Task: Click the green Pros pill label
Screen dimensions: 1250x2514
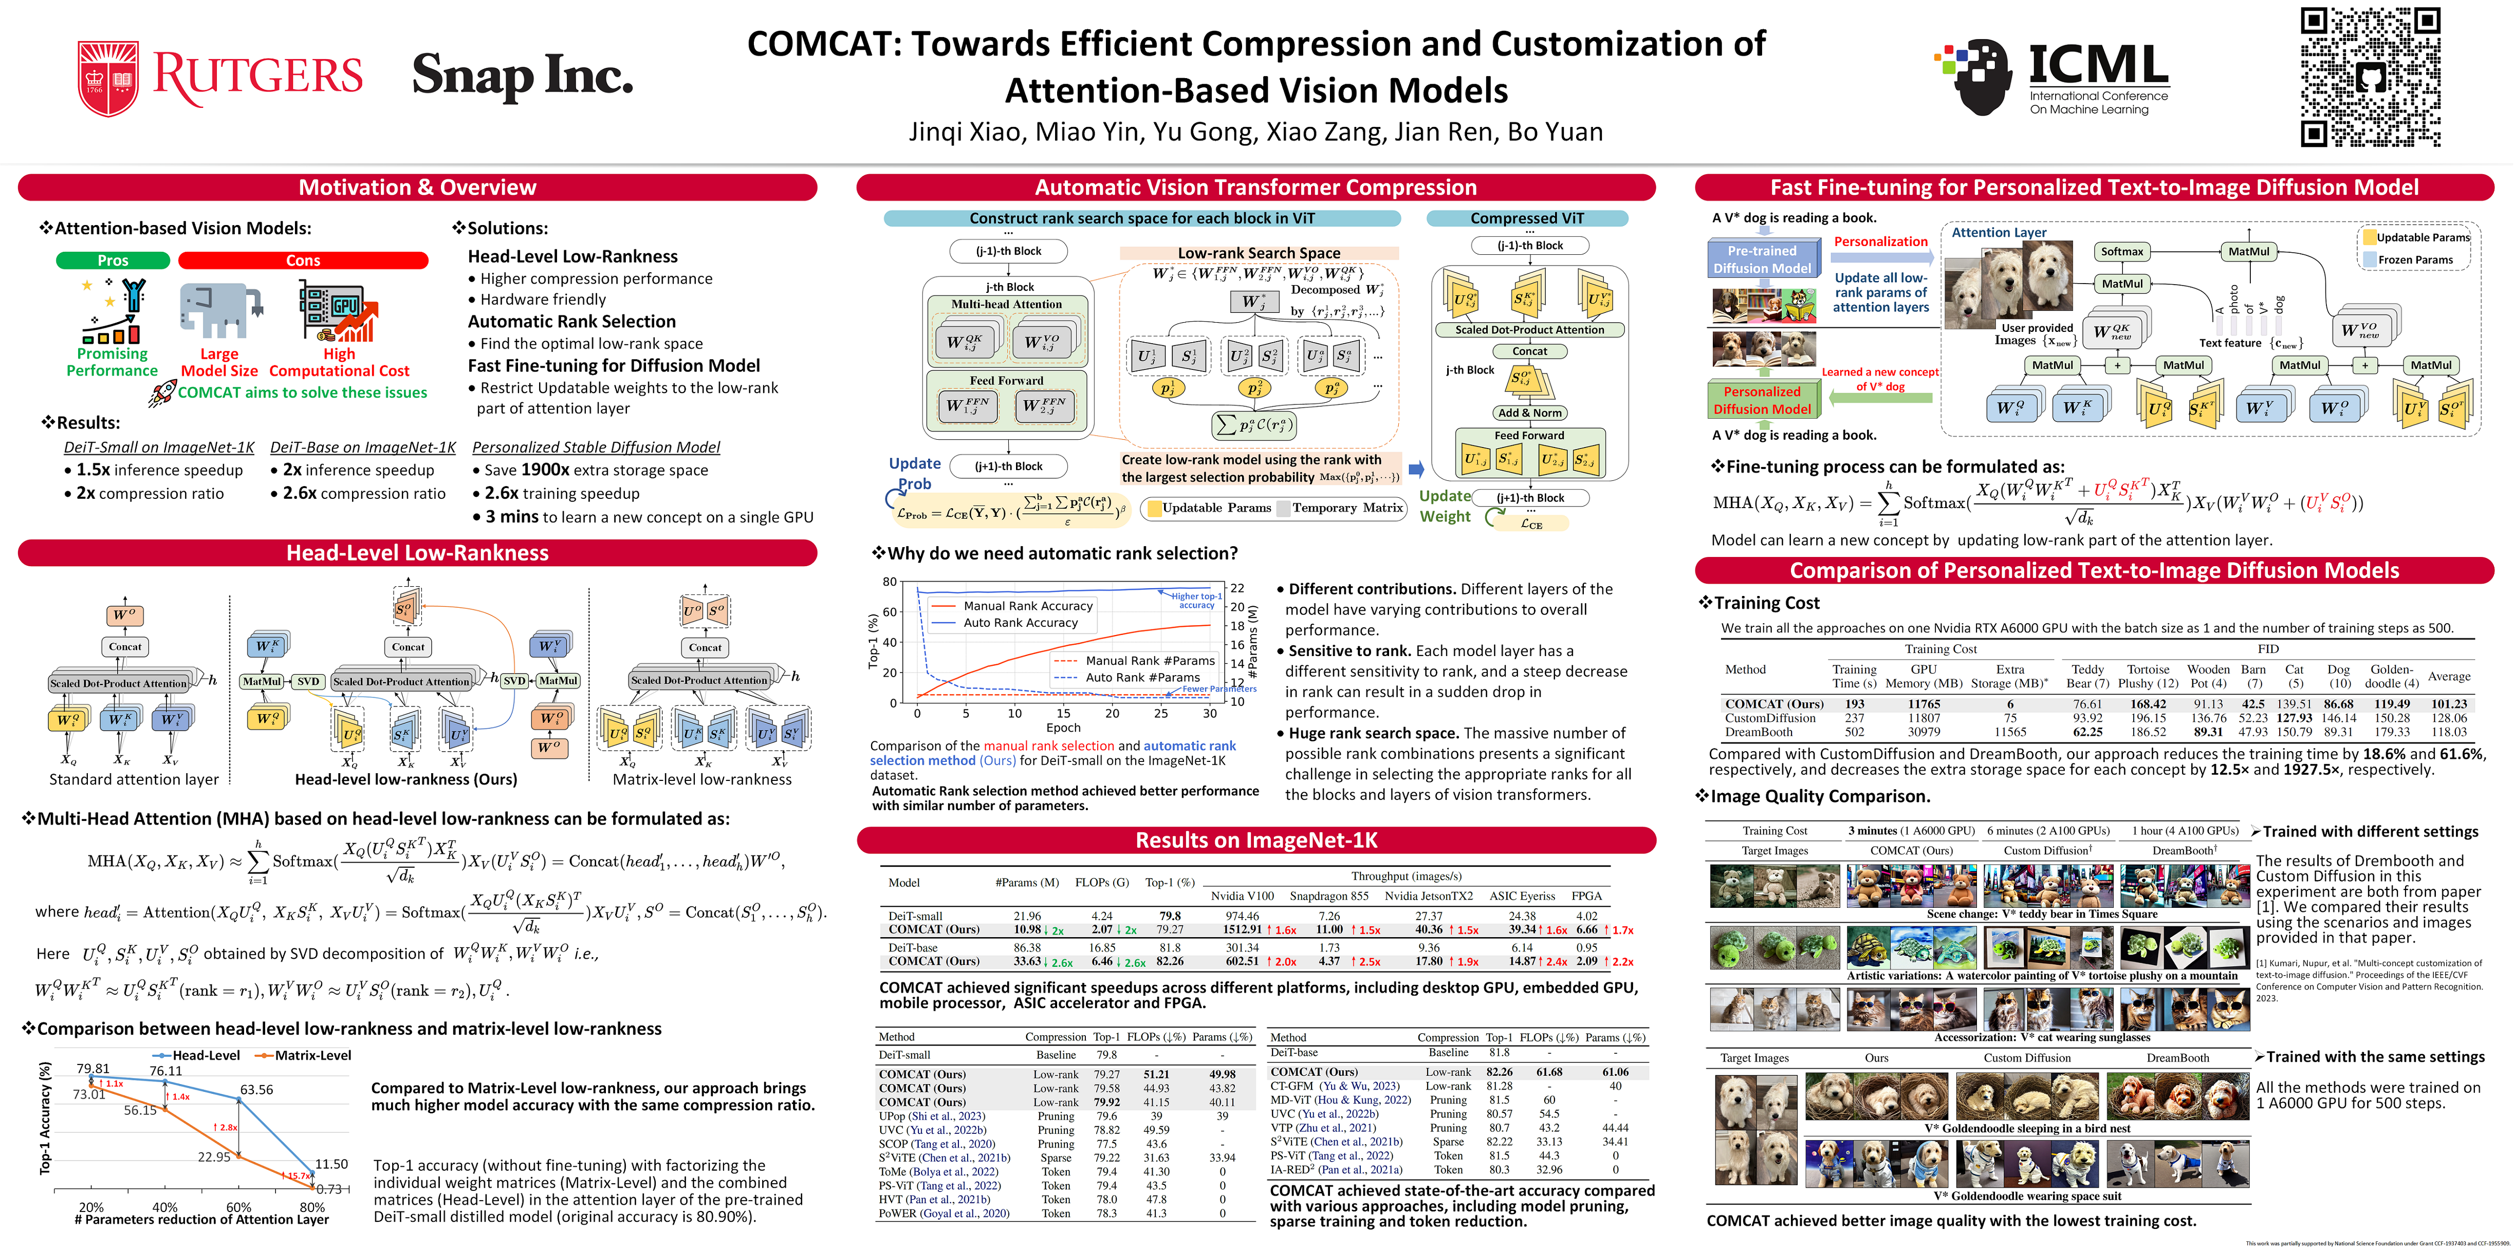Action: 112,260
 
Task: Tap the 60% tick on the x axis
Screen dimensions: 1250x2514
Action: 239,1207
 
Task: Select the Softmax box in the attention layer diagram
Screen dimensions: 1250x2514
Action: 2122,252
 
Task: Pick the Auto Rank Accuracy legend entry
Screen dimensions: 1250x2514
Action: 1020,623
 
